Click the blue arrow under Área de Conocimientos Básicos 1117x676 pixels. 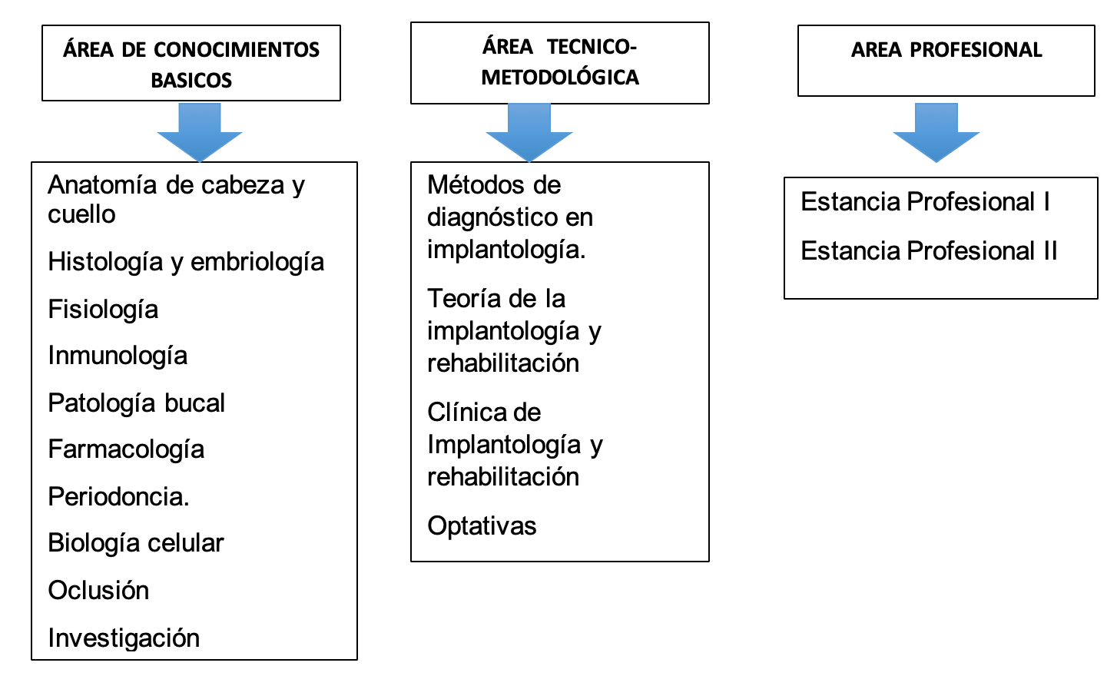point(200,133)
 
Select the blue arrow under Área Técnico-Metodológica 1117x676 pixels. point(529,133)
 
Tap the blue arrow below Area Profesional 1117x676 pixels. point(936,133)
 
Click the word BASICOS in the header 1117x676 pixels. point(191,80)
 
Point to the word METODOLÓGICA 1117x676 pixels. point(560,78)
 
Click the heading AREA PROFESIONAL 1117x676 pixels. point(946,50)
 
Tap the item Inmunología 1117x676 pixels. point(118,356)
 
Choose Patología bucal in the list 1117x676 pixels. point(136,403)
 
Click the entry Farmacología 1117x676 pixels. point(126,449)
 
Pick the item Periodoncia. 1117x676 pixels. point(118,496)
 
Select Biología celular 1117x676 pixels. point(136,543)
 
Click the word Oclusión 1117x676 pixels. point(99,590)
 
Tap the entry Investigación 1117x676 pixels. point(124,638)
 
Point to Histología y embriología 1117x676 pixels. point(186,263)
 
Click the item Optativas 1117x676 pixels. point(482,526)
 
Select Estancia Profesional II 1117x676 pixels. point(929,250)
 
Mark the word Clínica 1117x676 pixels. point(463,413)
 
